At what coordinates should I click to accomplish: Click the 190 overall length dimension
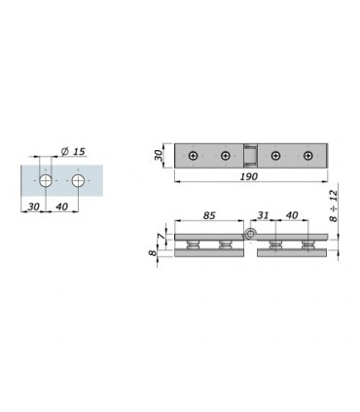tap(249, 176)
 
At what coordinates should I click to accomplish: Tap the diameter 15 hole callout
tap(73, 151)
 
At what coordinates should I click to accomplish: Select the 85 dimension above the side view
tap(209, 215)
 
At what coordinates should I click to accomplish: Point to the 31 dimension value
tap(263, 215)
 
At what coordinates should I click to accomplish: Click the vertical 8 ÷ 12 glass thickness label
tap(334, 206)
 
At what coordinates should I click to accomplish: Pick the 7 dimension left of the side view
tap(162, 236)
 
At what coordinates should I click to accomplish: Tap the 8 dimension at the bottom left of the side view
tap(153, 252)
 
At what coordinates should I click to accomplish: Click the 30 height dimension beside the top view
tap(159, 155)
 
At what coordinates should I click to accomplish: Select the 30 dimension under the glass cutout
tap(33, 206)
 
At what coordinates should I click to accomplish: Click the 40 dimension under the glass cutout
tap(62, 206)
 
